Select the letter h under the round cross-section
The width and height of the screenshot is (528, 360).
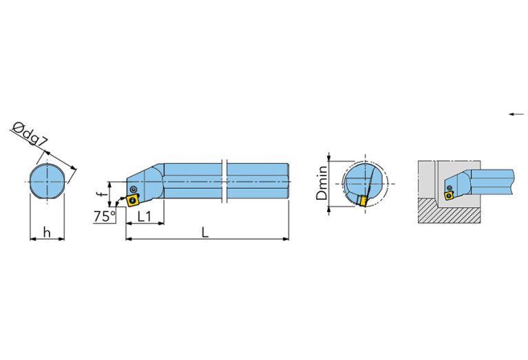[x=47, y=233]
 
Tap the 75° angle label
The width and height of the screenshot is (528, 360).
[x=104, y=217]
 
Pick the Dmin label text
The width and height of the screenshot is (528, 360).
[x=321, y=182]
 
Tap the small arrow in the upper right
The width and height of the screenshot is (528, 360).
[x=516, y=114]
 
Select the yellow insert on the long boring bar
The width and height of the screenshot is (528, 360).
[x=130, y=200]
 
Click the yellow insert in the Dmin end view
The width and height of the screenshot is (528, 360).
[x=361, y=200]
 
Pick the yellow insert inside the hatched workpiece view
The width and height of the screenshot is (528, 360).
[x=449, y=195]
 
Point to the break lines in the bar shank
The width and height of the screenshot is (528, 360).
[x=224, y=181]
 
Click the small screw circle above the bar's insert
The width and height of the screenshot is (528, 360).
[x=134, y=188]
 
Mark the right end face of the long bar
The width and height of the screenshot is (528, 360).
[x=287, y=181]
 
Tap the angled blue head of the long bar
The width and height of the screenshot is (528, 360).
[x=149, y=180]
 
